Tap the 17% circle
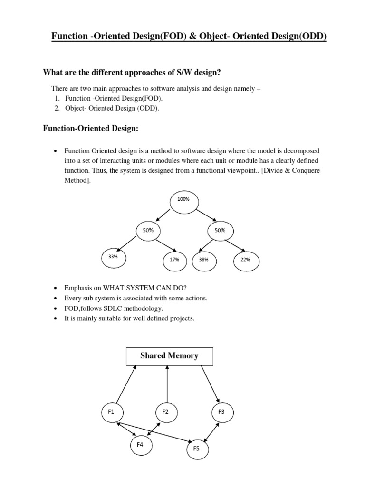point(174,260)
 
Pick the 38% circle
point(204,260)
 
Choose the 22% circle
point(246,260)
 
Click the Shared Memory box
point(169,356)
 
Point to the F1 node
point(112,412)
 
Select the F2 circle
point(166,412)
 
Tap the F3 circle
point(221,412)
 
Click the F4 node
point(141,445)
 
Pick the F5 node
point(197,448)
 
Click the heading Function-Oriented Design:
point(91,128)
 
